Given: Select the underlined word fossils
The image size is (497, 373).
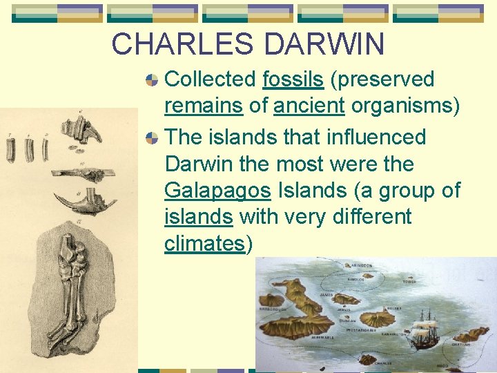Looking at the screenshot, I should point(293,79).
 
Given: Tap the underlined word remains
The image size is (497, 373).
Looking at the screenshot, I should point(203,106).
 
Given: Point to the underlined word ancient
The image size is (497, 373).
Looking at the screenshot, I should point(309,106).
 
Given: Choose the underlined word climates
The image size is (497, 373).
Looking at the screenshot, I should point(204,244).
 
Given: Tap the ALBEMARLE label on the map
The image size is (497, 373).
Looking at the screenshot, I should point(322,337).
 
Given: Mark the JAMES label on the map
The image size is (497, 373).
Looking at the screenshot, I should point(327,295).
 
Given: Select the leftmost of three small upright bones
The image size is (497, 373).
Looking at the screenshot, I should point(11,151).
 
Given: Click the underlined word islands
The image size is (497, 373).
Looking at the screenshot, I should point(198,217).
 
